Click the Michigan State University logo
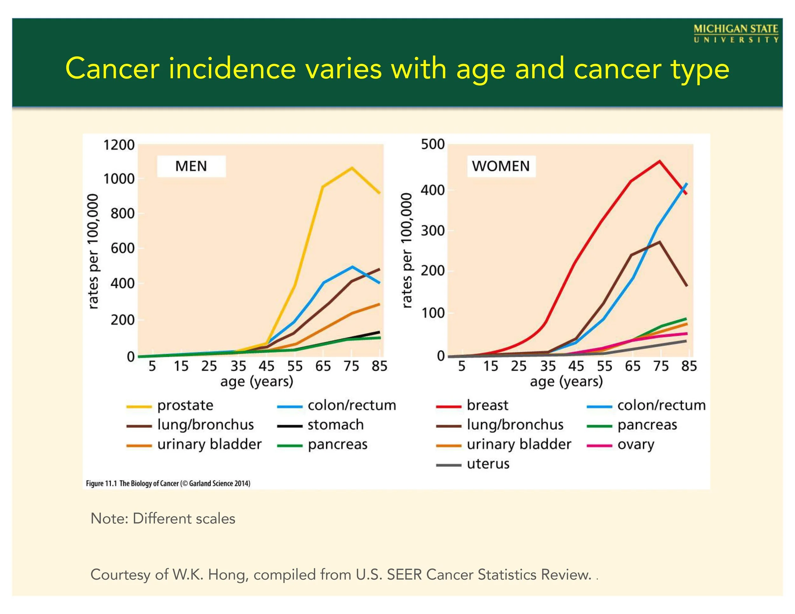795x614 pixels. coord(736,33)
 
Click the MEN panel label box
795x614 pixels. coord(191,166)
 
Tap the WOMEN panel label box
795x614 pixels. coord(501,166)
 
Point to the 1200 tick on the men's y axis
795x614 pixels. coord(119,145)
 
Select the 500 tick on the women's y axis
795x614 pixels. coord(433,144)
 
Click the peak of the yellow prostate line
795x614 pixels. coord(352,168)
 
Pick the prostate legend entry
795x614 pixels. coord(185,405)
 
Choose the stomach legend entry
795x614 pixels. coord(335,425)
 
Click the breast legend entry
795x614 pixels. coord(487,405)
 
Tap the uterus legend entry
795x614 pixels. coord(488,464)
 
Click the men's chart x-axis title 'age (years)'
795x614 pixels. coord(257,382)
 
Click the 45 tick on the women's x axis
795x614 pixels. coord(576,366)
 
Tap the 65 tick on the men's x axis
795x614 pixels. coord(323,366)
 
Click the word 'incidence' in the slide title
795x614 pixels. coord(232,68)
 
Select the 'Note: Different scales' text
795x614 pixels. coord(163,519)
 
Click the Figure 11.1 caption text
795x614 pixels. coord(168,483)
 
